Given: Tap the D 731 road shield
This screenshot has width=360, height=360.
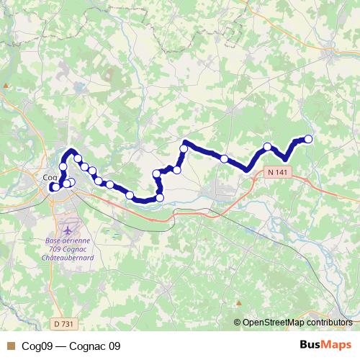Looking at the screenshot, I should coord(63,324).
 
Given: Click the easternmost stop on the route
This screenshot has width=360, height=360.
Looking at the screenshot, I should coord(309,138).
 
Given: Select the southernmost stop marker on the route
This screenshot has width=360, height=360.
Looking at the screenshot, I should coord(160,197).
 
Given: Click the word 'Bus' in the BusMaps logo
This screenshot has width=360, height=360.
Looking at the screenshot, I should coord(312,345).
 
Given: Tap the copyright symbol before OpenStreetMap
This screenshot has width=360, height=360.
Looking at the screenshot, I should coord(238,323).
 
